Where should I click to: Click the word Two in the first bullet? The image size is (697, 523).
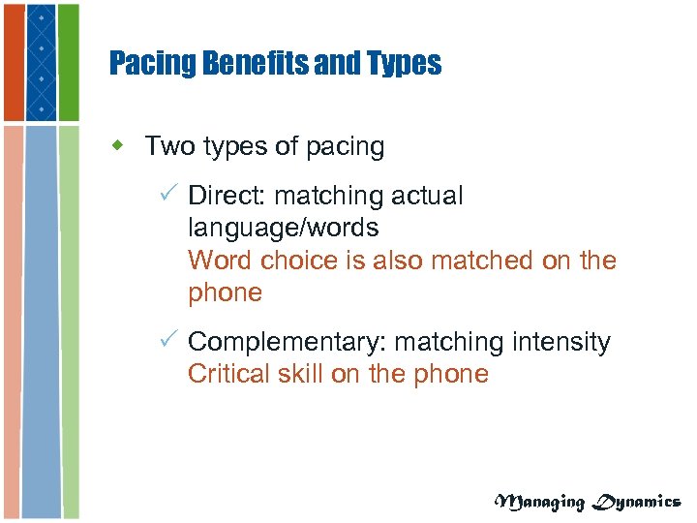click(168, 146)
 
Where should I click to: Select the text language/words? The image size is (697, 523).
click(283, 229)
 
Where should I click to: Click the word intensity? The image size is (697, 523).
click(563, 342)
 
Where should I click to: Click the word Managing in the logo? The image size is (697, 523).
click(540, 501)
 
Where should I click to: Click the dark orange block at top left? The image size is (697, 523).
click(12, 60)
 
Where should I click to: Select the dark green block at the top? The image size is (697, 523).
click(69, 60)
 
